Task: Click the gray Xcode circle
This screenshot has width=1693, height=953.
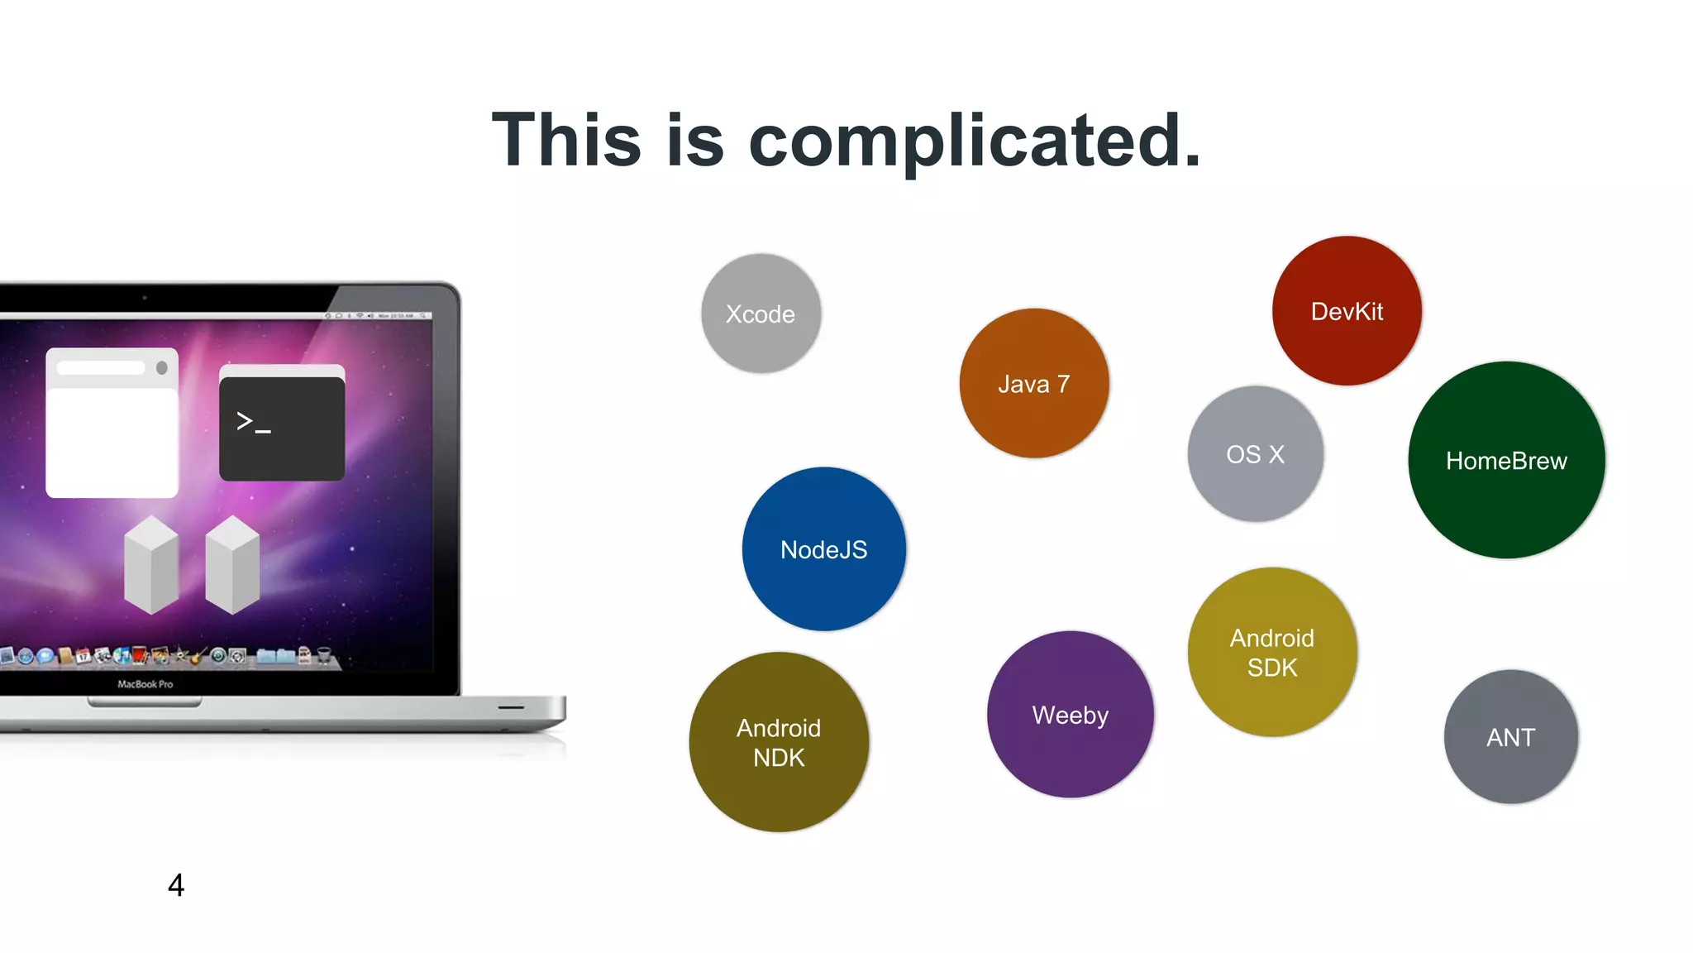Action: pos(761,314)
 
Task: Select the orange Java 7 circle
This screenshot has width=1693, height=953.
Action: pos(1033,383)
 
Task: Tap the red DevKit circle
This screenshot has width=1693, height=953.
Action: pos(1347,311)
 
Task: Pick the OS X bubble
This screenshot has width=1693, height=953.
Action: pos(1255,453)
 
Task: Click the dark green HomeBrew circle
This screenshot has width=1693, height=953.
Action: pos(1506,460)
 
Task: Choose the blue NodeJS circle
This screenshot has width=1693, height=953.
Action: pos(823,549)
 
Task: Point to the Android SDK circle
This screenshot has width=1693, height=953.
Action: pos(1271,652)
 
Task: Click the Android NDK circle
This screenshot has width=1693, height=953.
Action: pos(779,742)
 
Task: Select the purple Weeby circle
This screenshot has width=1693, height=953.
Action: pos(1070,715)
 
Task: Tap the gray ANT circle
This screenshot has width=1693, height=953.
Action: pos(1510,737)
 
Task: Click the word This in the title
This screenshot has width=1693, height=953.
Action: pos(566,141)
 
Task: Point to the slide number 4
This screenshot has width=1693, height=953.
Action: pos(176,885)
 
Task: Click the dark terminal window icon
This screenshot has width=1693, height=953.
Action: pos(282,424)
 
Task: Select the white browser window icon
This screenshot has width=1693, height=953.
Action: pos(112,424)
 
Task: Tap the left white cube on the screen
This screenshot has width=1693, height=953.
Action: pos(151,565)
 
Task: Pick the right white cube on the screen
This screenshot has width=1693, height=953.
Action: pos(232,565)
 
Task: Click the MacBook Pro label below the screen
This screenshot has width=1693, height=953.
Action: pos(145,684)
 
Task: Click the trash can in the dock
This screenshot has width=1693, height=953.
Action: pos(324,656)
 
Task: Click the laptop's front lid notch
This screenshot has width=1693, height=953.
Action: pos(145,703)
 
